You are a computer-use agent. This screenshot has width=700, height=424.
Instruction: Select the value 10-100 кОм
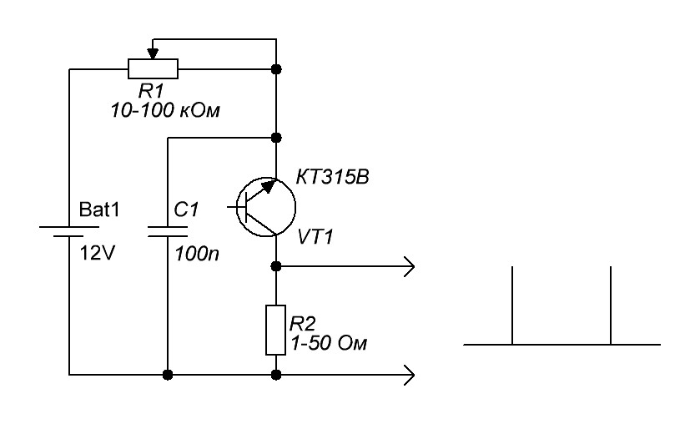pos(164,111)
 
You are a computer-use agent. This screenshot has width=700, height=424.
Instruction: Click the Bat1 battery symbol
pos(68,229)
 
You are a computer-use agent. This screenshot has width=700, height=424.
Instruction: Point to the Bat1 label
pos(99,210)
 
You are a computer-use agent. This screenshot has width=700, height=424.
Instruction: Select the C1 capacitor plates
pos(168,229)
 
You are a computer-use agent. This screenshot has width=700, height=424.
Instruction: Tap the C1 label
pos(187,210)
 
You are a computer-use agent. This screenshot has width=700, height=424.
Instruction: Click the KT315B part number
pos(331,177)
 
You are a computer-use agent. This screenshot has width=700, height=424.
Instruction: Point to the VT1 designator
pos(315,238)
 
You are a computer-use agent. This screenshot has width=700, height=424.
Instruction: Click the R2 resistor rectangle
pos(276,330)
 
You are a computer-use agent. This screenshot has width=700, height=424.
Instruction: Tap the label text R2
pos(302,321)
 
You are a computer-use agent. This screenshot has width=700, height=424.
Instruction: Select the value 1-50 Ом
pos(328,342)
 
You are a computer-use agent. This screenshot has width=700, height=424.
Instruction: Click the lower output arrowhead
pos(409,375)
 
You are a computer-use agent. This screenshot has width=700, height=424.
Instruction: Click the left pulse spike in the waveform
pos(511,305)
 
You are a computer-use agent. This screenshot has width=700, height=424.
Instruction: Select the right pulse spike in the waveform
pos(612,305)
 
